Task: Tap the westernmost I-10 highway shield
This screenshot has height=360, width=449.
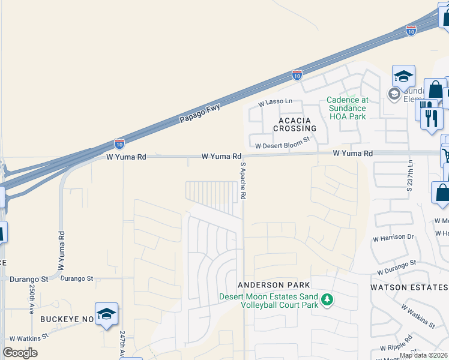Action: point(119,144)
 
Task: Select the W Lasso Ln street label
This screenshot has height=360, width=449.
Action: point(276,103)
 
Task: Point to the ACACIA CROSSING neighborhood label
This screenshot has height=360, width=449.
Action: point(295,124)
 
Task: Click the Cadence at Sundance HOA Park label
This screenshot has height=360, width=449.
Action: point(347,108)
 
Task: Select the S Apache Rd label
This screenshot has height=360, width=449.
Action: point(244,180)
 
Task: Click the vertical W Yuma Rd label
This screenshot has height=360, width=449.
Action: point(61,250)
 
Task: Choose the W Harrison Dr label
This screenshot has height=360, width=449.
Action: point(393,237)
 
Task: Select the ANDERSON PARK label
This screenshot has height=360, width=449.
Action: point(274,284)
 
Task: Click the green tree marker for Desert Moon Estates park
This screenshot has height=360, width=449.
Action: point(327,299)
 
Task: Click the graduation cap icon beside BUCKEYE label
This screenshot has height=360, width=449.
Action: point(106,314)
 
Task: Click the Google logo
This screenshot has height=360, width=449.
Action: point(20,353)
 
